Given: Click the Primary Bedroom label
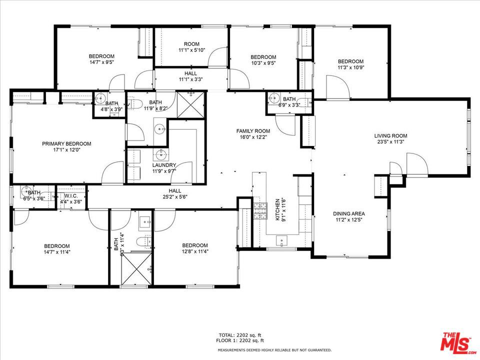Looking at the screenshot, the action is pyautogui.click(x=66, y=143).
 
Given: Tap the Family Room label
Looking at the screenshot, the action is pyautogui.click(x=253, y=131).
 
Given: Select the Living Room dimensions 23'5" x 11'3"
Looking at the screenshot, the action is pyautogui.click(x=390, y=141).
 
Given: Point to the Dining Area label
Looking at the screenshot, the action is pyautogui.click(x=348, y=213).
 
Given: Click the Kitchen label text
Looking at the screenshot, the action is pyautogui.click(x=277, y=209).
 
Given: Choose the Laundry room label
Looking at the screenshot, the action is pyautogui.click(x=164, y=165).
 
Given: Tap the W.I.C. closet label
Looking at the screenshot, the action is pyautogui.click(x=70, y=195).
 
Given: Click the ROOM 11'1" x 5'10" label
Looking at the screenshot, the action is pyautogui.click(x=191, y=47).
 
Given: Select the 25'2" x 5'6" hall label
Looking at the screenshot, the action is pyautogui.click(x=175, y=197).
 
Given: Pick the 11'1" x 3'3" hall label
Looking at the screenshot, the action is pyautogui.click(x=190, y=79).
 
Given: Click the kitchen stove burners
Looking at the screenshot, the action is pyautogui.click(x=260, y=211).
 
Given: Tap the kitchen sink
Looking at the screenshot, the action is pyautogui.click(x=281, y=241).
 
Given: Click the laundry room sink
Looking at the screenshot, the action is pyautogui.click(x=160, y=154).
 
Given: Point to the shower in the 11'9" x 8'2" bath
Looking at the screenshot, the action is pyautogui.click(x=190, y=104).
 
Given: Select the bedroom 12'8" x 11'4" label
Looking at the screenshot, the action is pyautogui.click(x=195, y=248).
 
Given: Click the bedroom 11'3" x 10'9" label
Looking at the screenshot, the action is pyautogui.click(x=351, y=64).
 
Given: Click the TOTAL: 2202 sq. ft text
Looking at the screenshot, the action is pyautogui.click(x=239, y=335).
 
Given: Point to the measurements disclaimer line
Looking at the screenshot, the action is pyautogui.click(x=274, y=350).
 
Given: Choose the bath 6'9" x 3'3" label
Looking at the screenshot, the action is pyautogui.click(x=289, y=102).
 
